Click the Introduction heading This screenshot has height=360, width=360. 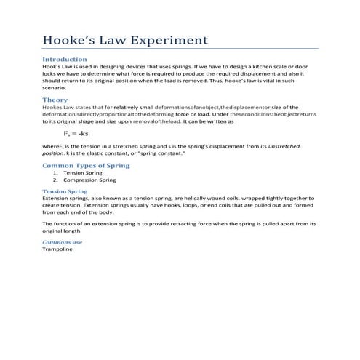(x=65, y=59)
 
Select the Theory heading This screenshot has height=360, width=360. (x=55, y=100)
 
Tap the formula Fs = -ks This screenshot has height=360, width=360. (x=76, y=134)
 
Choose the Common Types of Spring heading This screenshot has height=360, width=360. (x=86, y=166)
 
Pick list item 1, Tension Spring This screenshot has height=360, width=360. (x=82, y=172)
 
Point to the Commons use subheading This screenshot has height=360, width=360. (x=62, y=242)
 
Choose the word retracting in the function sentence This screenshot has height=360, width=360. (x=185, y=223)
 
